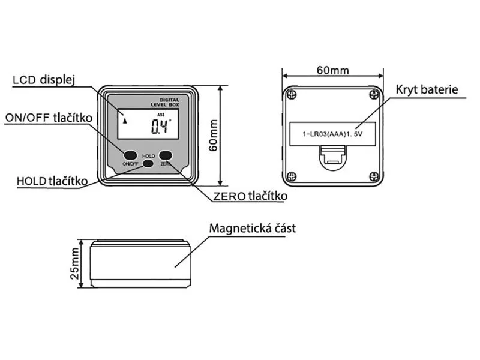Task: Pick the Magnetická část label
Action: coord(253,229)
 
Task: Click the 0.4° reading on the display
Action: coord(161,126)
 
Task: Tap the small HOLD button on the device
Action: coord(148,163)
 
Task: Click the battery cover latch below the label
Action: coord(332,159)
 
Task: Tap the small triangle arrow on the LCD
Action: coord(125,119)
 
